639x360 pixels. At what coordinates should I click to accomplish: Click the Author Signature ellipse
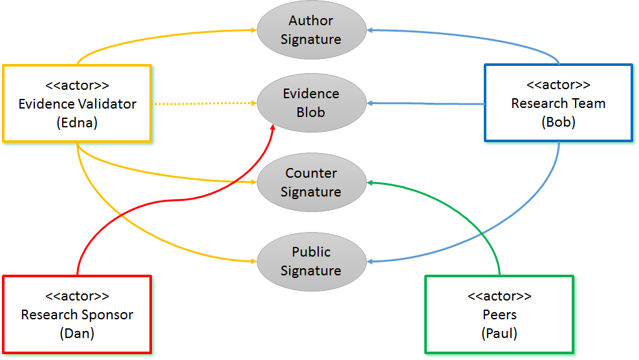[x=311, y=30]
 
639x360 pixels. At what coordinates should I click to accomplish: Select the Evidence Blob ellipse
[x=311, y=103]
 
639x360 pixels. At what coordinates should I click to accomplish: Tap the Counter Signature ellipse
[x=311, y=182]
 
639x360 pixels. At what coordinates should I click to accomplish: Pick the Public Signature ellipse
[x=311, y=261]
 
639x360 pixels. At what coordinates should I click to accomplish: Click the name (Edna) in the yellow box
[x=77, y=123]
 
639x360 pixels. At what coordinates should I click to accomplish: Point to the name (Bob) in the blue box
[x=558, y=122]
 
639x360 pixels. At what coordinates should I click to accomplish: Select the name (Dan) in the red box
[x=77, y=334]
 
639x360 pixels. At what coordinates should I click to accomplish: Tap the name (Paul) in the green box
[x=499, y=334]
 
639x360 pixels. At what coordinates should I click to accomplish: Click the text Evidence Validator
[x=77, y=103]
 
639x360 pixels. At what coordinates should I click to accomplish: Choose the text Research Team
[x=558, y=103]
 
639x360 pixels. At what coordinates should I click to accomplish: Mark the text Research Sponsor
[x=77, y=315]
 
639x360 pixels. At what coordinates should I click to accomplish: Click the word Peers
[x=499, y=315]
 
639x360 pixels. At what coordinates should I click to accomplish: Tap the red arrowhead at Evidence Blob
[x=273, y=127]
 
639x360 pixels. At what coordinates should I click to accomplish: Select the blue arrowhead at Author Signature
[x=369, y=30]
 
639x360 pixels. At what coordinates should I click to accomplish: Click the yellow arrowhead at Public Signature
[x=254, y=262]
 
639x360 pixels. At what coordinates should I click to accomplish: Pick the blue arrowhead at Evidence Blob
[x=369, y=103]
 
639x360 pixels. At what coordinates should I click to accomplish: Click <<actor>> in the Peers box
[x=499, y=296]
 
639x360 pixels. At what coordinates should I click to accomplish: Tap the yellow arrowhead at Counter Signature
[x=254, y=182]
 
